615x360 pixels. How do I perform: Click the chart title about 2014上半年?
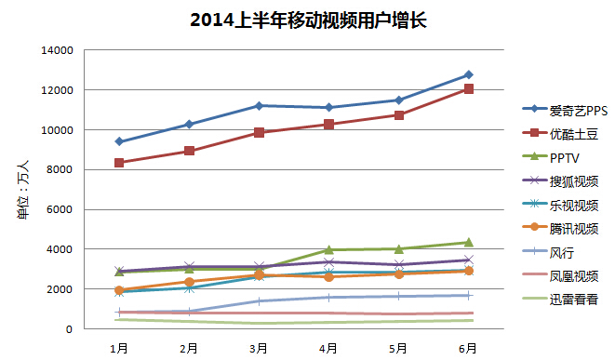308,20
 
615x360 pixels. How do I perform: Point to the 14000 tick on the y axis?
58,50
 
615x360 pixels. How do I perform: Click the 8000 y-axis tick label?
60,170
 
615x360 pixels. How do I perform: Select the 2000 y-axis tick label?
60,289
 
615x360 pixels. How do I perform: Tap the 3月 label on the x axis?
258,348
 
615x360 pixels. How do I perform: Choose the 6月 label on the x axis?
467,348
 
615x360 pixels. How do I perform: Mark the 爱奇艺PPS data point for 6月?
468,74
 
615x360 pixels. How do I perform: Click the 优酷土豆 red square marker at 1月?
119,163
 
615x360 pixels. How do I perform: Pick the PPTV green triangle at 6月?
468,242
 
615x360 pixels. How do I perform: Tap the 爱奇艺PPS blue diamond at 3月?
259,106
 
